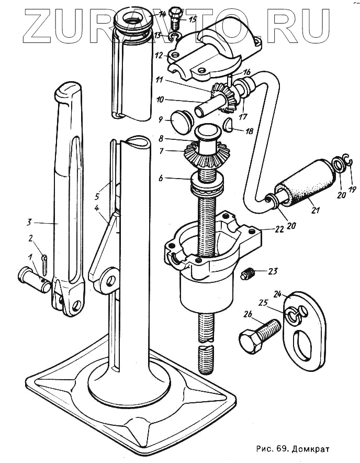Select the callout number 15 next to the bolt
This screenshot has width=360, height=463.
point(193,20)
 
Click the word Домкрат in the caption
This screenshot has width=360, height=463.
point(312,449)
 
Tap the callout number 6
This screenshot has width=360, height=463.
point(161,179)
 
